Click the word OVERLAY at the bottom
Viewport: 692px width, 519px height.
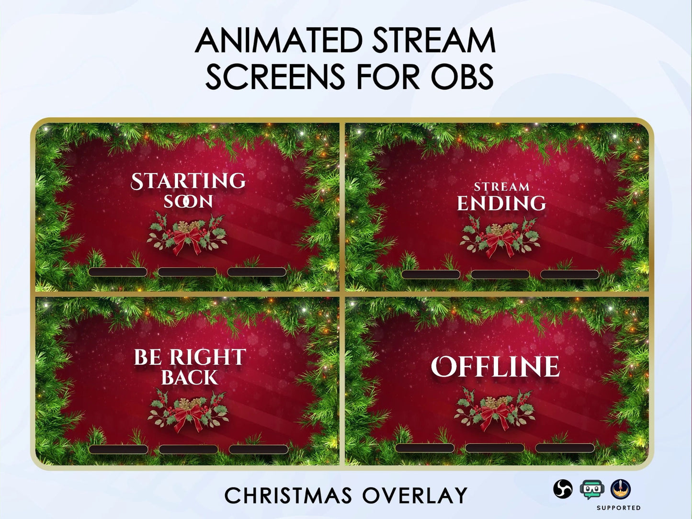coord(415,496)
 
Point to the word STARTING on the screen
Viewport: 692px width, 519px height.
coord(189,181)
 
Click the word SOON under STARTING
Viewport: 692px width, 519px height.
coord(189,202)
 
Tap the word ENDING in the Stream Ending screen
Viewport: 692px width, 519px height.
coord(501,203)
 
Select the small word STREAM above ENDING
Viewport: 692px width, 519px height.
coord(501,187)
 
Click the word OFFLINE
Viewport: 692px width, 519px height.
coord(495,367)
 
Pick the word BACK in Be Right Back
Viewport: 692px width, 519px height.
coord(190,378)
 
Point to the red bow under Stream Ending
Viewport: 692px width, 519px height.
coord(500,244)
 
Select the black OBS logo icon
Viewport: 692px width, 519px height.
coord(563,489)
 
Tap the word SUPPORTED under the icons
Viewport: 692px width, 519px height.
coord(619,508)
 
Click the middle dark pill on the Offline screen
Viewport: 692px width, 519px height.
coord(495,448)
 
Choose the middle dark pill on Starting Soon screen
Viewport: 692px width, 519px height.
coord(187,272)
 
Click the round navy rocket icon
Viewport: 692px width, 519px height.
coord(621,489)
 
